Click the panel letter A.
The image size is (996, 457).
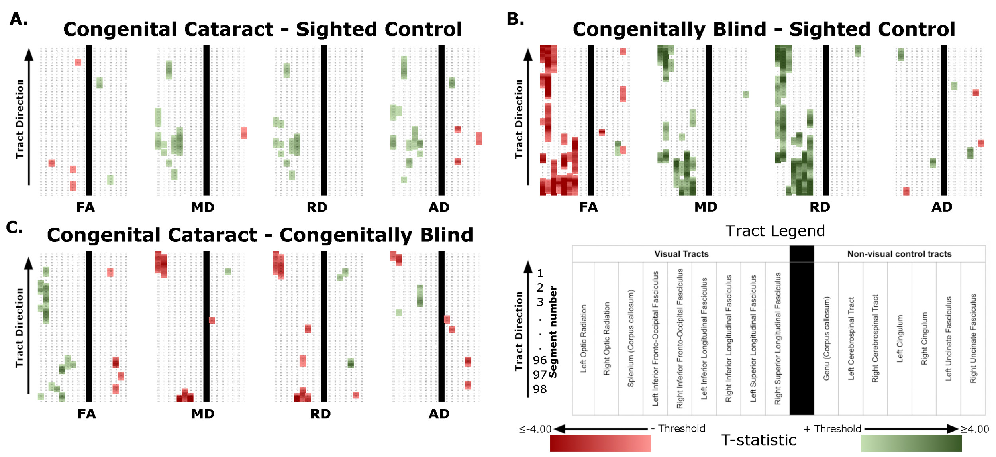coord(18,19)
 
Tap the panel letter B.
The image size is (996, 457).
coord(515,19)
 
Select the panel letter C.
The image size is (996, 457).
coord(14,228)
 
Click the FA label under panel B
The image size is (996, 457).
coord(588,207)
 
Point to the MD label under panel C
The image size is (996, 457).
coord(203,414)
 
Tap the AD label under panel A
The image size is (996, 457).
coord(439,207)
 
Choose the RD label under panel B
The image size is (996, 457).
coord(820,207)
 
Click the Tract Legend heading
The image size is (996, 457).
coord(775,231)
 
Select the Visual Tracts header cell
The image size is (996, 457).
coord(681,254)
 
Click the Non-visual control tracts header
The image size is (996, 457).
coord(899,254)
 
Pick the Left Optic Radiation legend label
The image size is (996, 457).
coord(584,339)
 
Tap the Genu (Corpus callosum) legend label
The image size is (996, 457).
coord(827,339)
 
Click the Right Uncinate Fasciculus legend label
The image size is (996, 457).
coord(973,339)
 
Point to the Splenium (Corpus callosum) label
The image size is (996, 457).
coord(631,339)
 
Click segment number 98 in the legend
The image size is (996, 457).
coord(540,389)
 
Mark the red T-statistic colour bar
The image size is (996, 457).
coord(600,443)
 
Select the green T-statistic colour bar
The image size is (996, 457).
coord(911,443)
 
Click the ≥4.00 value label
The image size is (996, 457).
coord(974,429)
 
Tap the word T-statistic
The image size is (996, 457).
coord(759,441)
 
